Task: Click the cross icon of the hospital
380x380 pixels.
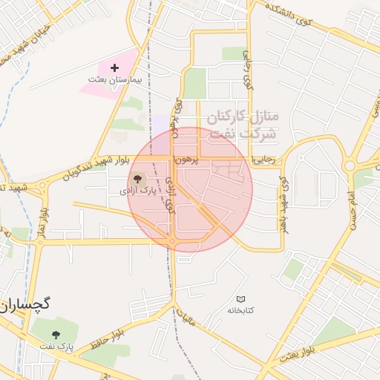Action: pyautogui.click(x=114, y=68)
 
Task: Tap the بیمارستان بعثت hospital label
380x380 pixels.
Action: pyautogui.click(x=114, y=79)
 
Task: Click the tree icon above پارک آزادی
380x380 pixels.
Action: pyautogui.click(x=137, y=179)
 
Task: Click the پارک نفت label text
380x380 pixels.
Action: pyautogui.click(x=57, y=346)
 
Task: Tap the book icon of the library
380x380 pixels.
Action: pyautogui.click(x=240, y=298)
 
